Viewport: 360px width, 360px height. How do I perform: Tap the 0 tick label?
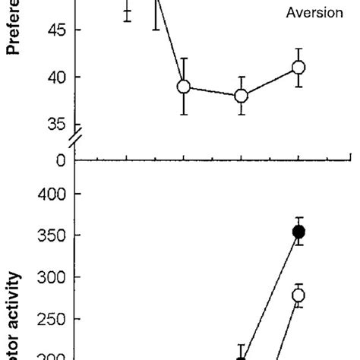(x=59, y=160)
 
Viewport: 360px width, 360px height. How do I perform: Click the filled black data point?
(x=298, y=232)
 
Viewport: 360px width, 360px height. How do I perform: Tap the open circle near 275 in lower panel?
(x=298, y=295)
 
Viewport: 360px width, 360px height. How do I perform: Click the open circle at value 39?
(x=184, y=87)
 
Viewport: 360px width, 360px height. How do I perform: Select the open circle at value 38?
(x=242, y=96)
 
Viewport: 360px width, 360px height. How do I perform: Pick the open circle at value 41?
(x=298, y=68)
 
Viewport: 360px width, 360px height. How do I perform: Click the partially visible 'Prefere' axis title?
(x=14, y=30)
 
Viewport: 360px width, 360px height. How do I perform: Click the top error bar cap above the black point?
(x=298, y=218)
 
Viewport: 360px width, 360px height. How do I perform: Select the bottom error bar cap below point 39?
(x=184, y=114)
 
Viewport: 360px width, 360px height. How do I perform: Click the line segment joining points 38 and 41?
(x=270, y=82)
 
